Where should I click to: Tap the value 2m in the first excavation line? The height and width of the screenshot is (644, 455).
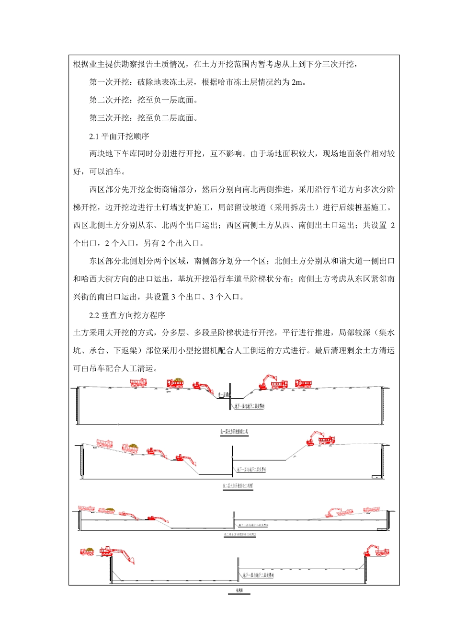point(296,82)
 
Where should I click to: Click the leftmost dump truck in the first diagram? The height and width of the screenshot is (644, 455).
point(138,382)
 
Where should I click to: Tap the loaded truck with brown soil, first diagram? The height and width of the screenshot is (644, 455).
point(175,382)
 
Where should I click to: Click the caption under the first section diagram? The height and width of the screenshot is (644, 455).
point(234,432)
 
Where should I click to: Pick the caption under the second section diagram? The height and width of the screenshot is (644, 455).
point(238,486)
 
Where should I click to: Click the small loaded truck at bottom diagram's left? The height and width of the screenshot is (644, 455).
point(87,552)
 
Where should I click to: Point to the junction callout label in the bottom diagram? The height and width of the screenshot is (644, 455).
point(258,575)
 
